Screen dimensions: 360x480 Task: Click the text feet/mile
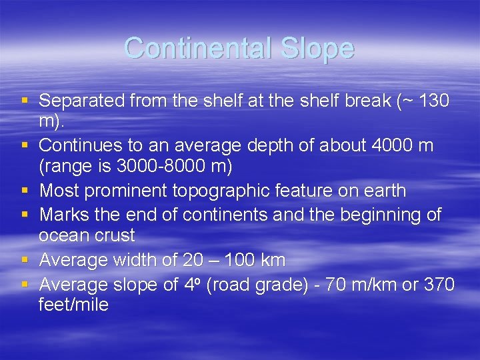pyautogui.click(x=73, y=305)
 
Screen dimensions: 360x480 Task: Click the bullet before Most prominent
pyautogui.click(x=25, y=191)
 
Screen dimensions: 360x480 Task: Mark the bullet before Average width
pyautogui.click(x=25, y=260)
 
